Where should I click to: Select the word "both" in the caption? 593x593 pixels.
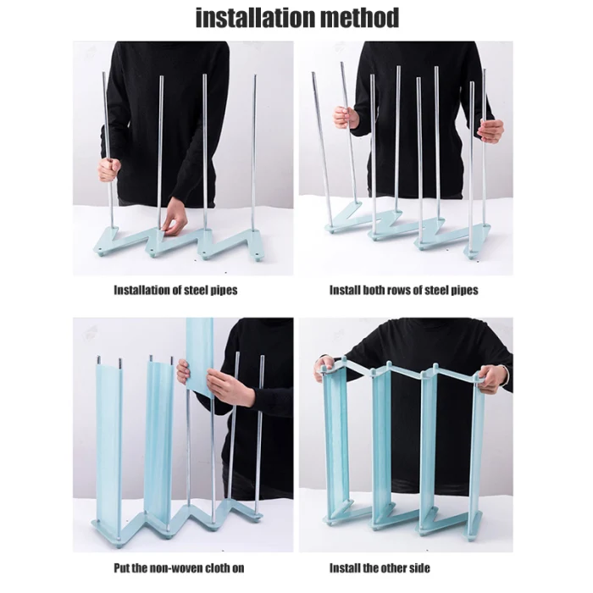(376, 290)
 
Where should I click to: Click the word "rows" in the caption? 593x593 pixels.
(403, 290)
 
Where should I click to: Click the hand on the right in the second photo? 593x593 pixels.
(490, 130)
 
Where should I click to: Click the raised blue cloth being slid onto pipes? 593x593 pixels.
(200, 356)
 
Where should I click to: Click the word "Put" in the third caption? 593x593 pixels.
(122, 568)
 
